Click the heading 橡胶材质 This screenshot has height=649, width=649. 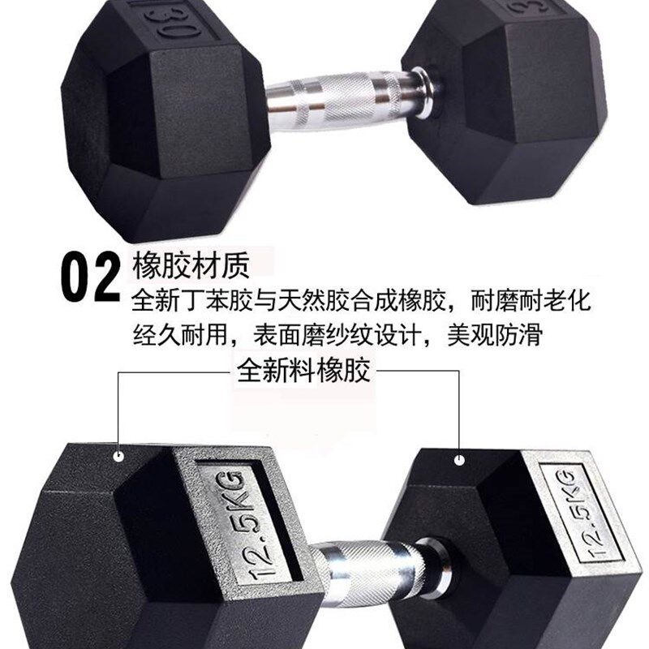point(191,265)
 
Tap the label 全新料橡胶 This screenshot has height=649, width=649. point(303,371)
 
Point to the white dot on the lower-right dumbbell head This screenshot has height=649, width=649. point(460,460)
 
